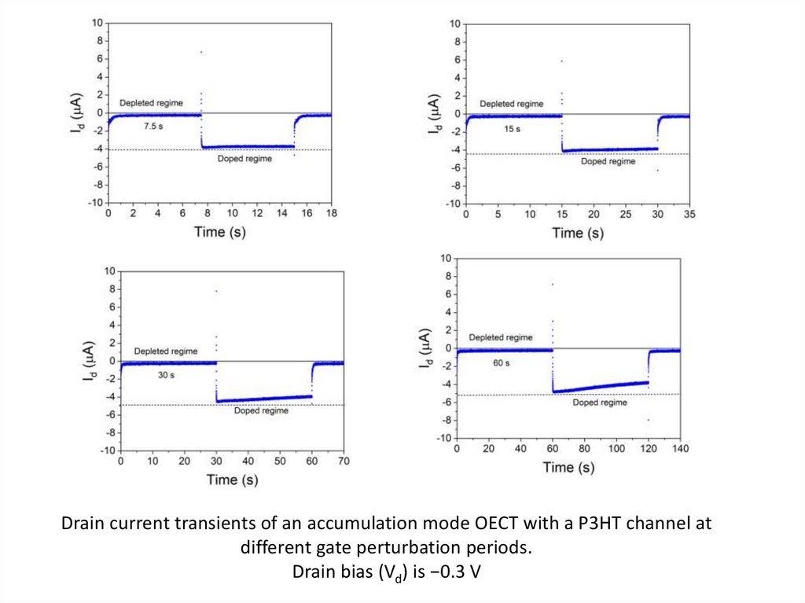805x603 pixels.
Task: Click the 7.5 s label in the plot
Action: pyautogui.click(x=153, y=126)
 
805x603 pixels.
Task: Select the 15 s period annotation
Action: pyautogui.click(x=512, y=129)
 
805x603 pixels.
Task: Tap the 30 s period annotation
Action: pyautogui.click(x=166, y=375)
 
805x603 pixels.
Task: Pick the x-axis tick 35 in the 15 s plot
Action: pyautogui.click(x=689, y=214)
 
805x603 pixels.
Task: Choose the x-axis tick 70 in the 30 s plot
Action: pyautogui.click(x=344, y=461)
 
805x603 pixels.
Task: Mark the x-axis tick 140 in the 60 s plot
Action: pyautogui.click(x=680, y=448)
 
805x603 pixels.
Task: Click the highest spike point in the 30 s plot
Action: pyautogui.click(x=216, y=292)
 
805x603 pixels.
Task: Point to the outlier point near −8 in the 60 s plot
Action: pyautogui.click(x=649, y=420)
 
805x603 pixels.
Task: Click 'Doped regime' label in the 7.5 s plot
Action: pyautogui.click(x=244, y=159)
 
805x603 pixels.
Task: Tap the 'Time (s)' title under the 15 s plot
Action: pyautogui.click(x=578, y=233)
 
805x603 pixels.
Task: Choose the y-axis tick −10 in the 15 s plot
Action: pyautogui.click(x=452, y=204)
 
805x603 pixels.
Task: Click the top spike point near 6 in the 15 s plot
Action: pyautogui.click(x=561, y=61)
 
